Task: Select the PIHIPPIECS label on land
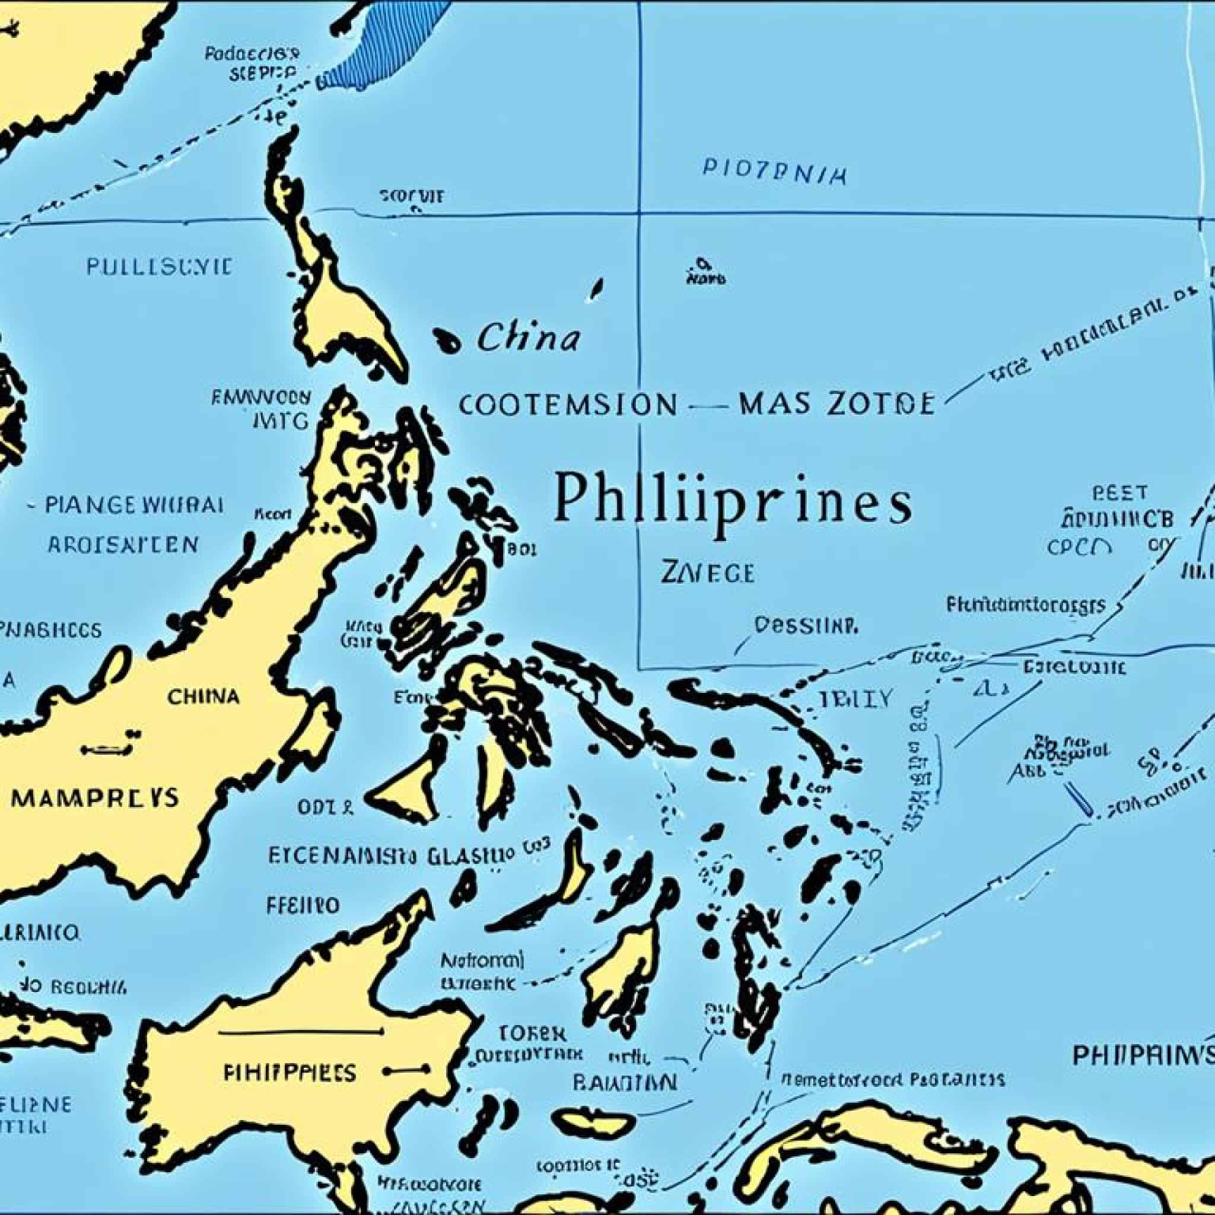[x=290, y=1071]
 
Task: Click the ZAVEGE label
[x=708, y=573]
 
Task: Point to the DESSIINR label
[x=806, y=625]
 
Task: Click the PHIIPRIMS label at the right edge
[x=1141, y=1055]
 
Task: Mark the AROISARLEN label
[x=123, y=545]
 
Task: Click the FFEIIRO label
[x=303, y=905]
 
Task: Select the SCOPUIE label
[x=412, y=197]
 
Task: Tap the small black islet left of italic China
[x=448, y=340]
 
